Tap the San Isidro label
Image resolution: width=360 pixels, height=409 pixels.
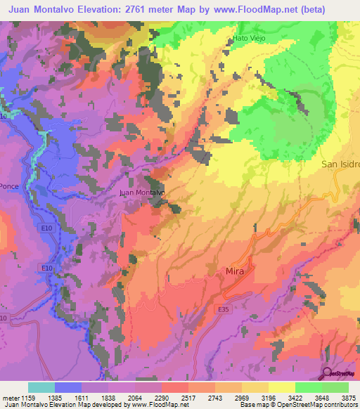click(341, 164)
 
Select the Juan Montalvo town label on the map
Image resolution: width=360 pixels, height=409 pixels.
click(142, 192)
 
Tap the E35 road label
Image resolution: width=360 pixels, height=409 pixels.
click(224, 308)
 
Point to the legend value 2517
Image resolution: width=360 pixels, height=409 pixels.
click(188, 398)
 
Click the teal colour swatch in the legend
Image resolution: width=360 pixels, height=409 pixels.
click(41, 387)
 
